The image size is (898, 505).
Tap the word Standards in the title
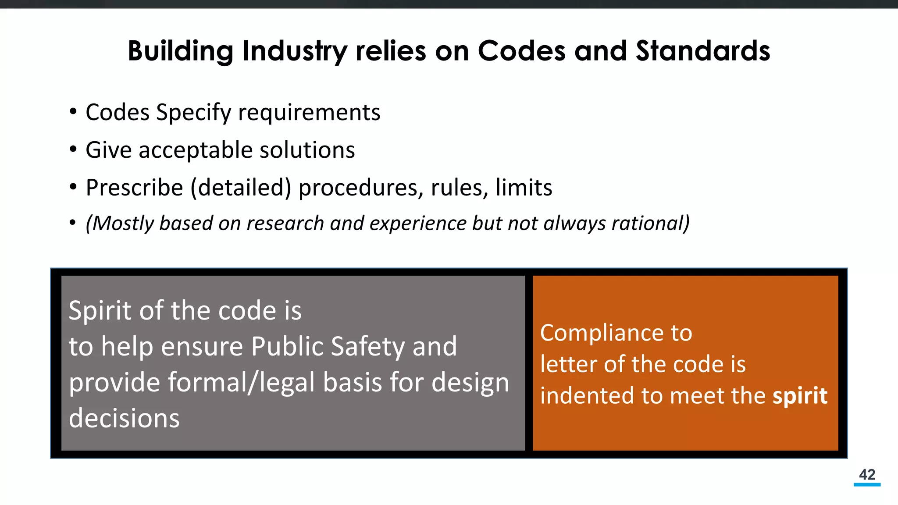click(703, 51)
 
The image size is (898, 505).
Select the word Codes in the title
click(521, 51)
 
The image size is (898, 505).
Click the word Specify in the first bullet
click(193, 113)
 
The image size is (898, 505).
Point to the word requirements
click(309, 113)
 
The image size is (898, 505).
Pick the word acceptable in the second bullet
click(196, 150)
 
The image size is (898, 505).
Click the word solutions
click(307, 150)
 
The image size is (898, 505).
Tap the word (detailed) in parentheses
click(241, 188)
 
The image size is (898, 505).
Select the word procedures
click(361, 188)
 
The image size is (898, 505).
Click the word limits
click(524, 188)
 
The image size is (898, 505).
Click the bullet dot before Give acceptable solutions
click(73, 150)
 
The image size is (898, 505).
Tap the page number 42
click(867, 475)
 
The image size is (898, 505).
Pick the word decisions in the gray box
click(124, 418)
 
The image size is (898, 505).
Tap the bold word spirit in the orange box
click(800, 396)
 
